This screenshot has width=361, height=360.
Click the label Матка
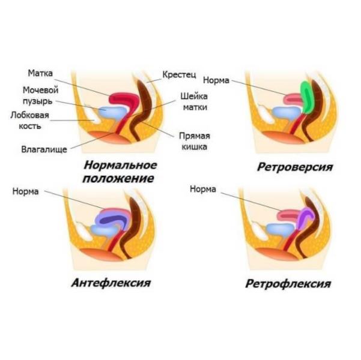(x=40, y=73)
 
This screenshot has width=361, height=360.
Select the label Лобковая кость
(x=29, y=119)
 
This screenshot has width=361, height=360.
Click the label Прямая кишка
(x=194, y=140)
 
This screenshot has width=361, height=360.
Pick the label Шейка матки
(x=194, y=102)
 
